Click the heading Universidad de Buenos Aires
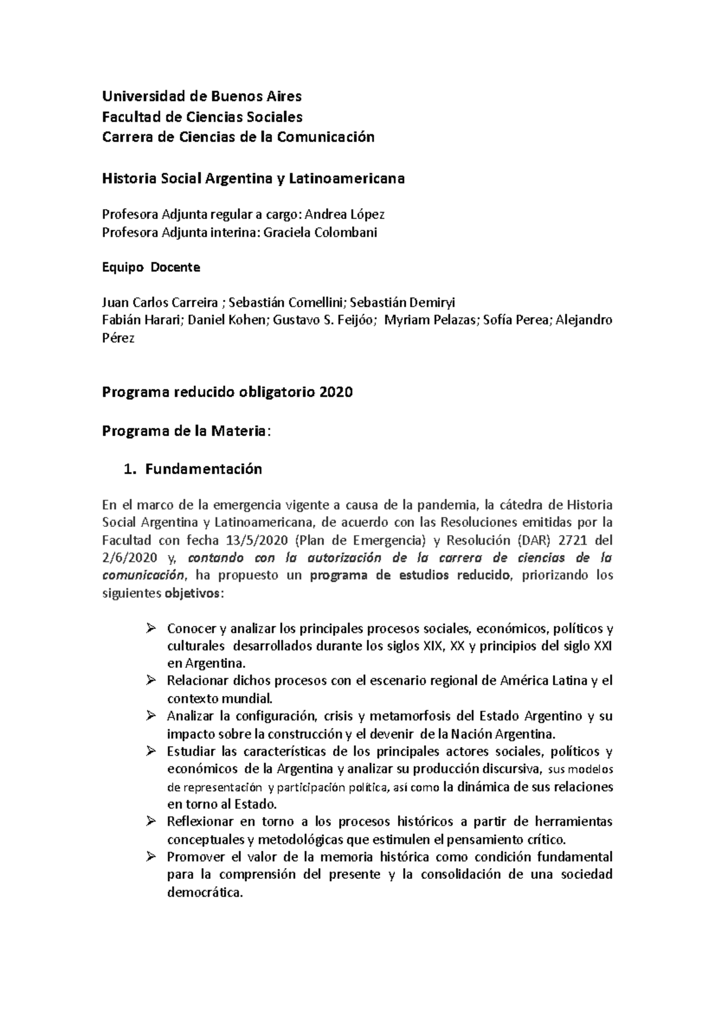[x=202, y=96]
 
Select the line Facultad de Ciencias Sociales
[x=203, y=117]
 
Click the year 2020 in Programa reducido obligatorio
[x=336, y=392]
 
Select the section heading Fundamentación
[x=203, y=469]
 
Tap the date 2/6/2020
[x=129, y=558]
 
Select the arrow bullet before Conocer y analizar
[x=150, y=628]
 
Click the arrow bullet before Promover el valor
[x=150, y=857]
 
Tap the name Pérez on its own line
[x=119, y=338]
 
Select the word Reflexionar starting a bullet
[x=201, y=822]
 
